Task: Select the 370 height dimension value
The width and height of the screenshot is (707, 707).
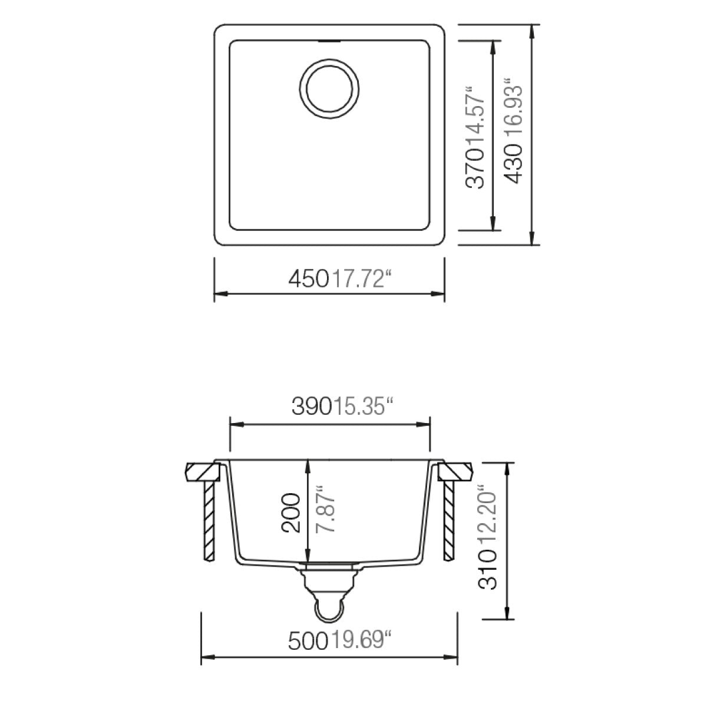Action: (477, 168)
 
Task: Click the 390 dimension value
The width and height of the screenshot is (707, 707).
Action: (313, 407)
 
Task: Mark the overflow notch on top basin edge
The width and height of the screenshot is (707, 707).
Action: (329, 42)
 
